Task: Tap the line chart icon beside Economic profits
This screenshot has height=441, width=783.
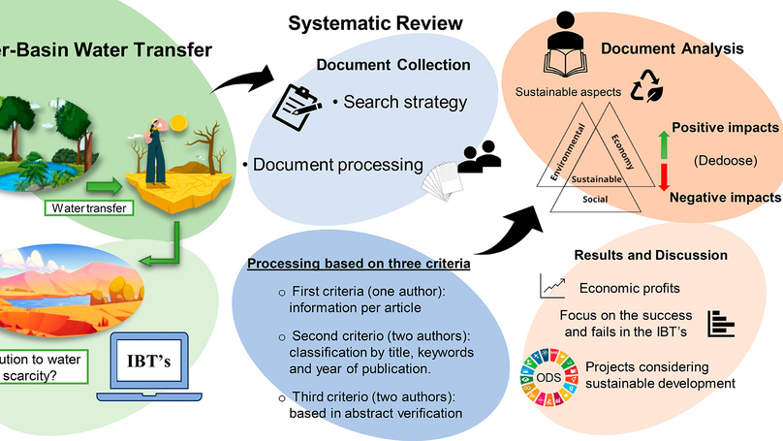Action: tap(553, 286)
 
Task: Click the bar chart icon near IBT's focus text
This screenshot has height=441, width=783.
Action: tap(718, 323)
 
